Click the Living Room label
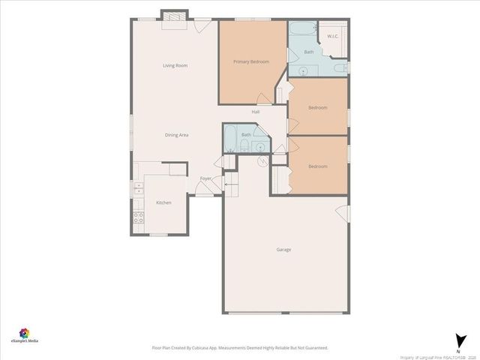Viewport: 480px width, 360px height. click(175, 66)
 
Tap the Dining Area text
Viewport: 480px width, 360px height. click(176, 135)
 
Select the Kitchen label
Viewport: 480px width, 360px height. click(163, 203)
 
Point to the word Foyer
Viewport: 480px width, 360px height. click(205, 178)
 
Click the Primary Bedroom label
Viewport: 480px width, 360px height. click(250, 61)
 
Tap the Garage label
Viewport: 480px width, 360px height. click(283, 250)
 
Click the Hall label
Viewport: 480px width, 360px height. click(256, 112)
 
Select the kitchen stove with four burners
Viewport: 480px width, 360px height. click(139, 218)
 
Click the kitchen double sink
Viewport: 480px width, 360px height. click(138, 189)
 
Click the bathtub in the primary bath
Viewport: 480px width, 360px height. click(302, 31)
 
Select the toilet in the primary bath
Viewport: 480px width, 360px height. click(340, 68)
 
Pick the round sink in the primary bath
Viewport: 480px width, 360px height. click(303, 71)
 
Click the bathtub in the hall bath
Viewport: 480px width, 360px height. click(230, 139)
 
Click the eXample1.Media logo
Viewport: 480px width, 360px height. click(24, 334)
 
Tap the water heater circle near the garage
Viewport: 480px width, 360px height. click(263, 160)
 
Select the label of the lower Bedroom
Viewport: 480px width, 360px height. click(318, 166)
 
